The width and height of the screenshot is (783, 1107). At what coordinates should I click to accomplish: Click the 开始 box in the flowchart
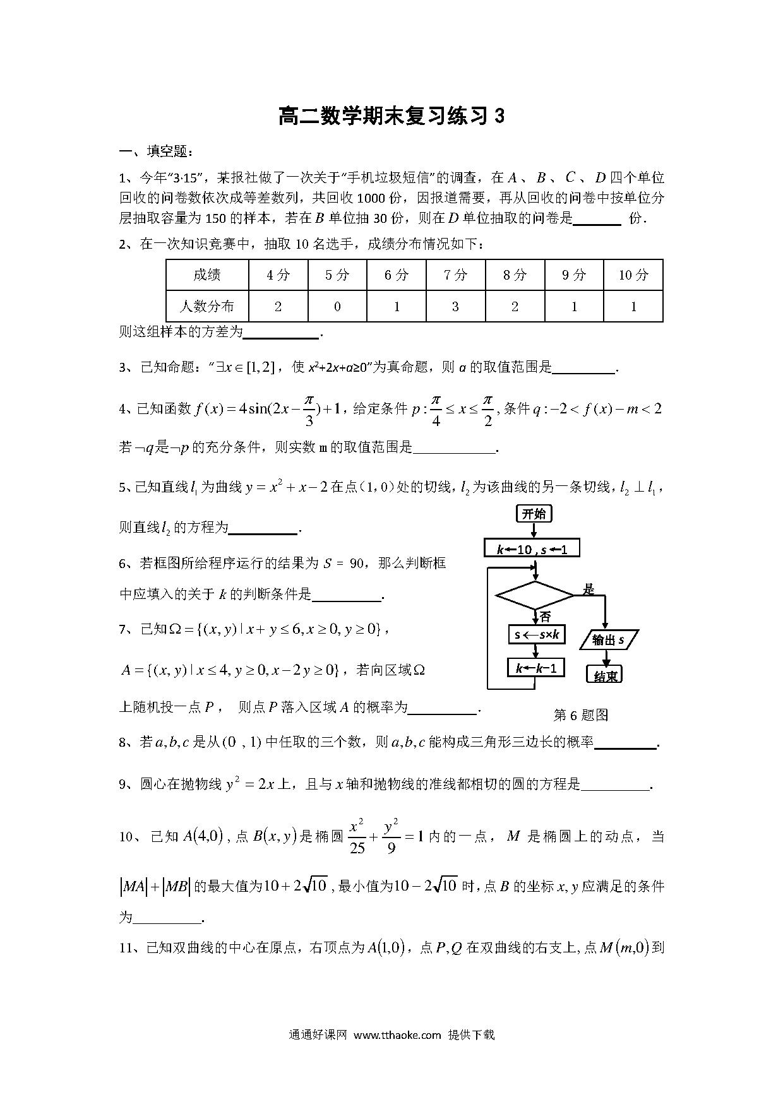[x=534, y=514]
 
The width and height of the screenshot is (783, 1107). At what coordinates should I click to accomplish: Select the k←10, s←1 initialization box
[x=532, y=549]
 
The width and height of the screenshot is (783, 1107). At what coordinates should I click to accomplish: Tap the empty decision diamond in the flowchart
[x=534, y=595]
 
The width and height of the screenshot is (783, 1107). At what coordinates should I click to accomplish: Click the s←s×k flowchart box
[x=537, y=634]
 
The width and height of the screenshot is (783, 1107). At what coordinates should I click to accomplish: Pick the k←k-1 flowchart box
[x=536, y=668]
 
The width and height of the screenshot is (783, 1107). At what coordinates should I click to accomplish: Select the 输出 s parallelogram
[x=609, y=640]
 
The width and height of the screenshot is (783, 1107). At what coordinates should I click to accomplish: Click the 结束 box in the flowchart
[x=606, y=675]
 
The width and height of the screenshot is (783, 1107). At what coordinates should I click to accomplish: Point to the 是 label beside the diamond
[x=589, y=589]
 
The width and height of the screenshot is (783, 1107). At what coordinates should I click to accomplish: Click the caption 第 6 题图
[x=580, y=714]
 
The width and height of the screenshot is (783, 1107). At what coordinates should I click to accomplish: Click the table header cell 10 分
[x=633, y=275]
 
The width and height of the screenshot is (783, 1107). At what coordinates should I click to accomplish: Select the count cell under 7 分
[x=455, y=307]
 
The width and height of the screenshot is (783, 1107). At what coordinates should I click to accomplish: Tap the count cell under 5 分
[x=337, y=307]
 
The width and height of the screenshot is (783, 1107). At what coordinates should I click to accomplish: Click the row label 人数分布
[x=207, y=307]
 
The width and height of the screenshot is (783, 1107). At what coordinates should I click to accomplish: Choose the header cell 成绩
[x=207, y=275]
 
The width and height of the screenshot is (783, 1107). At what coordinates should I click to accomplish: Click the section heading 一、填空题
[x=156, y=151]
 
